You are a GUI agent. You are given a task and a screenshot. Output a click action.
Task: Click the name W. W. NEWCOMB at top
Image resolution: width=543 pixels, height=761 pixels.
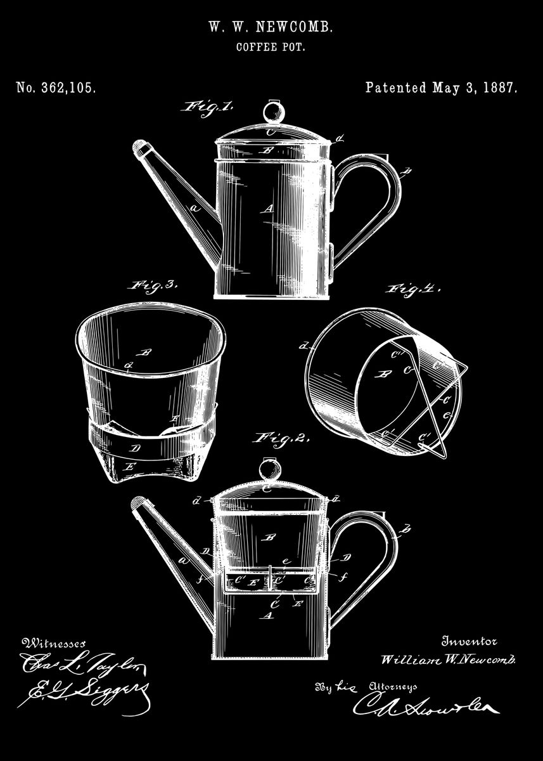pos(271,27)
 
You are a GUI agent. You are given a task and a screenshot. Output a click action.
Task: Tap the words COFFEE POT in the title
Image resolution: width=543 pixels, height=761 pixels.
pos(271,47)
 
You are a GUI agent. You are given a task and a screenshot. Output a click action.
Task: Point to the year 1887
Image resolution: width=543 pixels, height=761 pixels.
pos(501,88)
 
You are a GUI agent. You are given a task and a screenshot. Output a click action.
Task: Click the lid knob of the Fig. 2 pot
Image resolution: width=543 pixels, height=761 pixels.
pos(270,470)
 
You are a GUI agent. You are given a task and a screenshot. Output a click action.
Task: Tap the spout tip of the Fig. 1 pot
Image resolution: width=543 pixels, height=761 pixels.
pos(140,148)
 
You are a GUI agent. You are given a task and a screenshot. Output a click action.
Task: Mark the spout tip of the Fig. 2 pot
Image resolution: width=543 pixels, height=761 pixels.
pos(139,504)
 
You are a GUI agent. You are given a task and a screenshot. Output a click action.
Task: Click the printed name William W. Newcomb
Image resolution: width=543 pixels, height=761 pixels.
pos(449,660)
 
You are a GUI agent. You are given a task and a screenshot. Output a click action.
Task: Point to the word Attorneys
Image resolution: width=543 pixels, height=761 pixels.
pos(393,687)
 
